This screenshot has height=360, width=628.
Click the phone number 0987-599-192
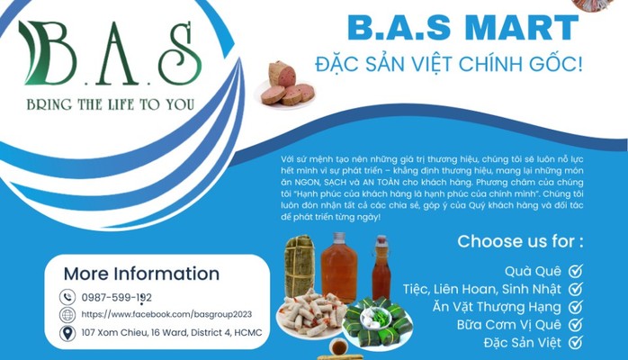pyautogui.click(x=116, y=296)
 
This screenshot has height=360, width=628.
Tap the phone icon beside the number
pyautogui.click(x=67, y=296)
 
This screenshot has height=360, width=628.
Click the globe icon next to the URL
pyautogui.click(x=67, y=315)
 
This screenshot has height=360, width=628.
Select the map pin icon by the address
pyautogui.click(x=67, y=334)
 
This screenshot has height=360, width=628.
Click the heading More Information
pyautogui.click(x=141, y=274)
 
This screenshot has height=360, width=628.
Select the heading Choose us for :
pyautogui.click(x=520, y=240)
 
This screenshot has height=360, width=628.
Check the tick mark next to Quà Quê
pyautogui.click(x=576, y=270)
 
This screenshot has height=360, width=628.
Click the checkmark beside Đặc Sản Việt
pyautogui.click(x=576, y=342)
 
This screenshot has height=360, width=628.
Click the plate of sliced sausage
pyautogui.click(x=285, y=87)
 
